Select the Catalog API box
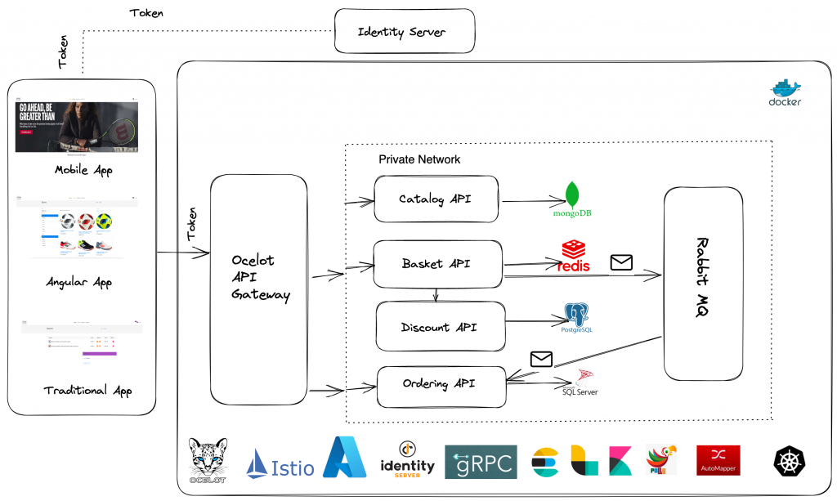pos(436,199)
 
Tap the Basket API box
pos(437,264)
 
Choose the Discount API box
pos(440,327)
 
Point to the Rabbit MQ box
pos(703,283)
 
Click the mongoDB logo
pos(572,200)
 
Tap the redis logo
pos(575,257)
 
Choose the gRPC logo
pos(481,462)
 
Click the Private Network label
pos(419,159)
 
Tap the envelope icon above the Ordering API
pos(541,359)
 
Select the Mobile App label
pos(83,171)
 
